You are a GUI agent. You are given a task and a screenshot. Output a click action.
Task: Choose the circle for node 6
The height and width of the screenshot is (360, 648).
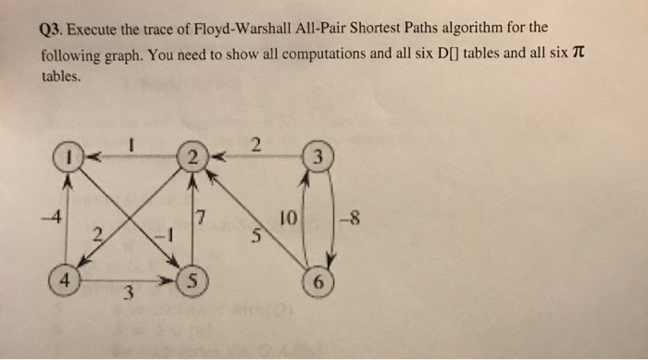click(x=318, y=283)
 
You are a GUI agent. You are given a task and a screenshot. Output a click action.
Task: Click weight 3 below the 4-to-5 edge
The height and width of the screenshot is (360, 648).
click(x=130, y=295)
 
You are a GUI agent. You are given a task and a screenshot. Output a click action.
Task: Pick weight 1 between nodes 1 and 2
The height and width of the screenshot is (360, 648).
click(x=132, y=143)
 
